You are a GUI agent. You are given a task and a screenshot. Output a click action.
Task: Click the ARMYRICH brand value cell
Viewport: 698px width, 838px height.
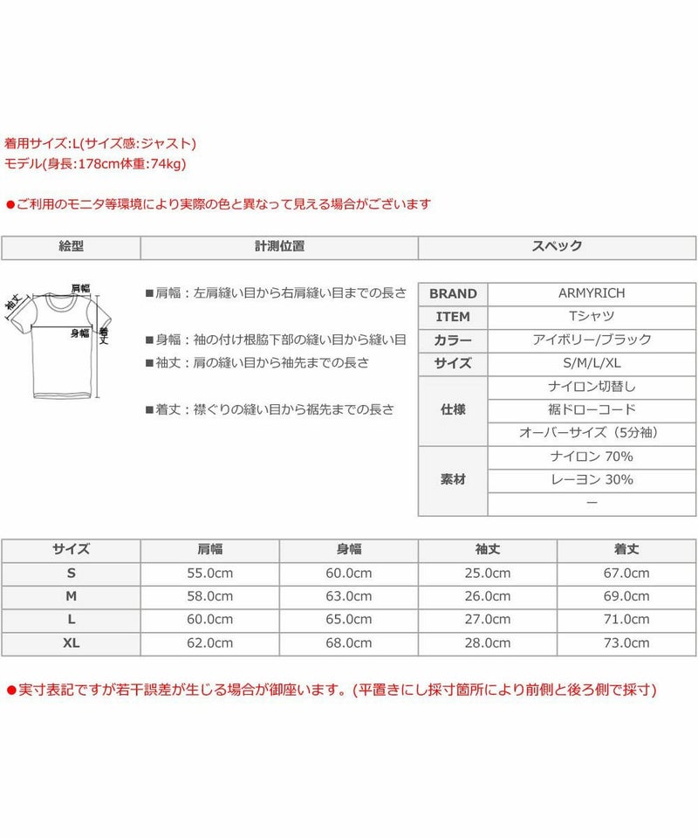pos(591,293)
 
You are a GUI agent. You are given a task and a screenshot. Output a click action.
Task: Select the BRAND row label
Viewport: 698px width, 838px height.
pos(453,294)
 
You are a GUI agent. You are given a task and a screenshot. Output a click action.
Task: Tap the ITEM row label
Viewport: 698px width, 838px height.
pos(453,318)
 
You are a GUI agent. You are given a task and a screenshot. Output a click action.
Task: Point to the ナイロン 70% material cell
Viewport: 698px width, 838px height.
pos(591,457)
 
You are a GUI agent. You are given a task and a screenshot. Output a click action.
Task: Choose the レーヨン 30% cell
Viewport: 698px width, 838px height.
pos(591,480)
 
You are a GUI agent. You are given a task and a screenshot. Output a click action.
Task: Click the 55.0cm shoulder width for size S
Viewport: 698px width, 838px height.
pos(209,574)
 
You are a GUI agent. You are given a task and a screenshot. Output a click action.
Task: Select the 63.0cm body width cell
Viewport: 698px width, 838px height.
pos(348,596)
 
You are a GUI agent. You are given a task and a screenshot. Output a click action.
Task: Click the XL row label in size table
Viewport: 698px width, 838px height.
pos(71,643)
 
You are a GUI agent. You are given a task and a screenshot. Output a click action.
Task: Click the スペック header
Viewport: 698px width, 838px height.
pos(557,247)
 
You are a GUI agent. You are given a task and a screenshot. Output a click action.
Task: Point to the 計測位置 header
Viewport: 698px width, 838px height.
pos(279,247)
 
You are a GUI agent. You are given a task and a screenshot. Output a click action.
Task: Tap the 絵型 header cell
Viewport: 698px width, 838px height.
pos(71,247)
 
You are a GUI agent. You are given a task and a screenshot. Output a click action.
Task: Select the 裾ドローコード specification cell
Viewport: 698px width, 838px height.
pos(591,410)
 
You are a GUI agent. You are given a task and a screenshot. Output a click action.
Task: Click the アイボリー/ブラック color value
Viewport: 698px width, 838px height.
pos(591,340)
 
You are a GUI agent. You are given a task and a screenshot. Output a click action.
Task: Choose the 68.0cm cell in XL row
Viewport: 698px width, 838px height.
pos(348,643)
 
